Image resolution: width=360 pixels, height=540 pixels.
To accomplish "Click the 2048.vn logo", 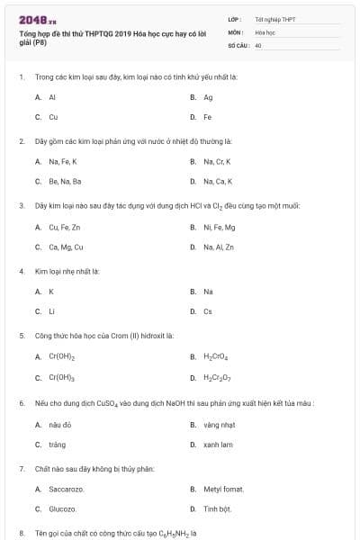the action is tap(31, 19).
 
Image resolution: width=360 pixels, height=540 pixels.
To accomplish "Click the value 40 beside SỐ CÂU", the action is tap(258, 44).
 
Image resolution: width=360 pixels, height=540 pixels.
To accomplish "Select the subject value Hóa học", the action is tap(265, 31).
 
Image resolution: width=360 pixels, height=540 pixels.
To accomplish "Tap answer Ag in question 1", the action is tap(208, 97).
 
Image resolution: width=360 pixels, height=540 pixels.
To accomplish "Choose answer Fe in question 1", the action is tap(208, 117).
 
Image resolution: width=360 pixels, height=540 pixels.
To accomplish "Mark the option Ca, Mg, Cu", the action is tap(66, 247).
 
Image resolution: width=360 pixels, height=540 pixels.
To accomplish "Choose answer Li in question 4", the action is tap(51, 311).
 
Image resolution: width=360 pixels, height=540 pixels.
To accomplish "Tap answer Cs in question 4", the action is tap(208, 311).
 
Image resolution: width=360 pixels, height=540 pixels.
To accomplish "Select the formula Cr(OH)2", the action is tap(61, 356).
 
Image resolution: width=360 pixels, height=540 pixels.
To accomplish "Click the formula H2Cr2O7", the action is tap(217, 377).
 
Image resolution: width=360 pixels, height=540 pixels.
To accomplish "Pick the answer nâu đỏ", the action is tap(60, 424).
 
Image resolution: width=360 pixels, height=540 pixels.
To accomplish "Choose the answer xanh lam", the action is tap(218, 444).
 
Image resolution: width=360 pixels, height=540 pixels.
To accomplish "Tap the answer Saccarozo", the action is tap(67, 489).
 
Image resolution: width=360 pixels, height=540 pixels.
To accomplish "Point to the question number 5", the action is tap(21, 337).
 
